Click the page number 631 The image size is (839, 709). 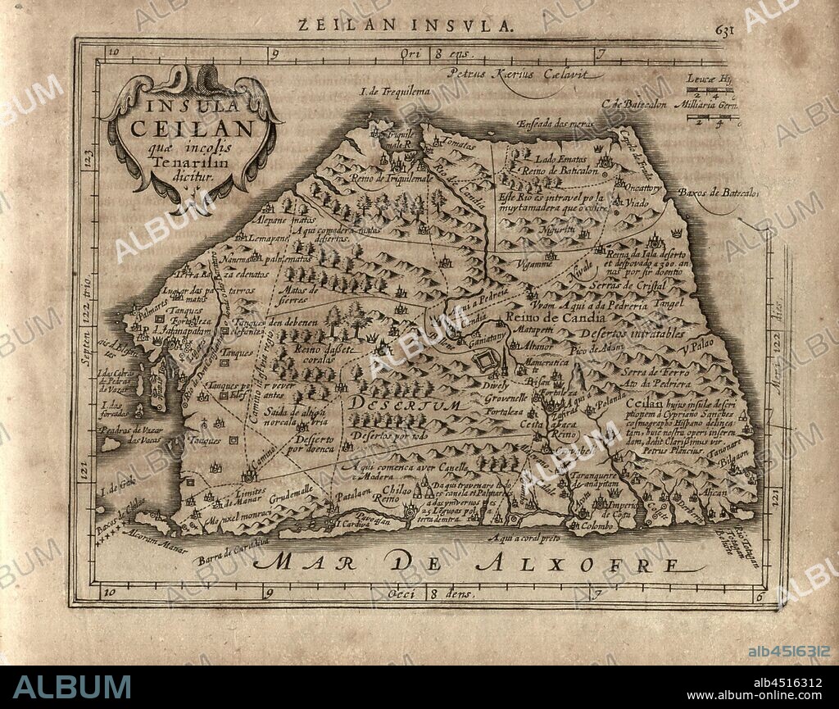coord(725,28)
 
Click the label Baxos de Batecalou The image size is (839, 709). coord(718,193)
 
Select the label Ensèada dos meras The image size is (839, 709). coord(553,124)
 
